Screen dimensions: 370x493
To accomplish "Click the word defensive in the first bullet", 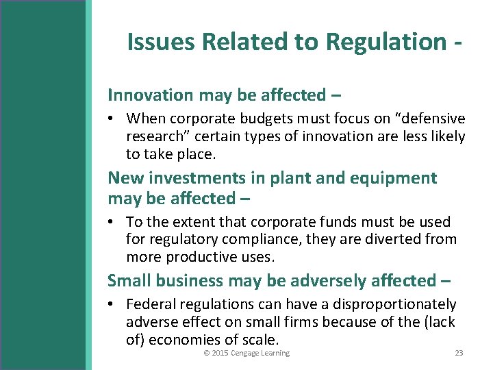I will point(428,119).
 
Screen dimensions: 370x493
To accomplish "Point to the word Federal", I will point(151,304).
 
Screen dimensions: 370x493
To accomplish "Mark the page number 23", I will point(459,353).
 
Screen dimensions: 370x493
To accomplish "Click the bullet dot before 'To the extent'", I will point(112,222).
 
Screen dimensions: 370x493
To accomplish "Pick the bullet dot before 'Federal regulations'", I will point(112,304).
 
